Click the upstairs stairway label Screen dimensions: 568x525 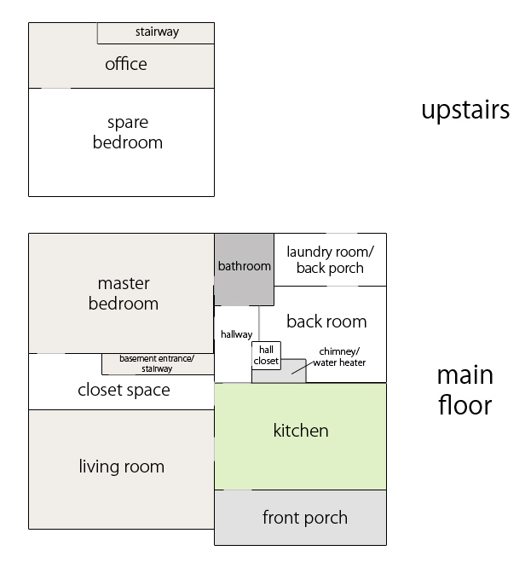157,32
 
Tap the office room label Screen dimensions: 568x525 126,64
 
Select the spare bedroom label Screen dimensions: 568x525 127,132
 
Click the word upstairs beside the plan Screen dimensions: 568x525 465,110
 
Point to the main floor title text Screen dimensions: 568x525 464,390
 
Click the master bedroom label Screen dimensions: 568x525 124,293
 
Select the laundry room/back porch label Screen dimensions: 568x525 330,259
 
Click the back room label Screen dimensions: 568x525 326,322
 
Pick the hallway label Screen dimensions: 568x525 236,334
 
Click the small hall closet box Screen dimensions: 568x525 266,355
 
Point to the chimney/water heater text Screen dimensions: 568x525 339,356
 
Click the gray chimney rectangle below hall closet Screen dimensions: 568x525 280,374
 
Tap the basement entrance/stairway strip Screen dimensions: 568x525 157,364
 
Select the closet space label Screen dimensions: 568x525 124,391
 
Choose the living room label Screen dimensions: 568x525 122,467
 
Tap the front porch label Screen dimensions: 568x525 304,518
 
